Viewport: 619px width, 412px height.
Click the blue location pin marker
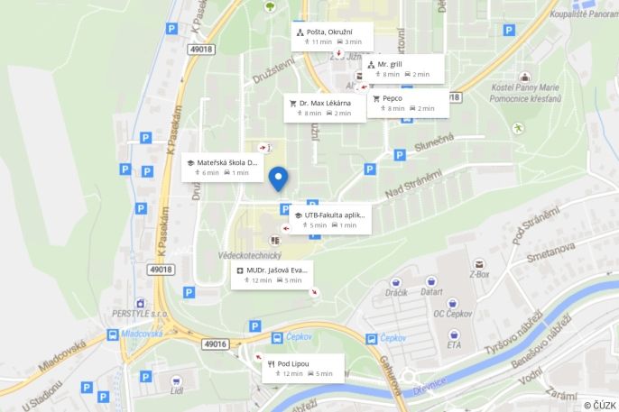pos(280,179)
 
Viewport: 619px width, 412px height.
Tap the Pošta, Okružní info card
pos(330,36)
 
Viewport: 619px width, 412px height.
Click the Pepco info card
pos(408,103)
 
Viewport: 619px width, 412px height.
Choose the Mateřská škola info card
pos(222,167)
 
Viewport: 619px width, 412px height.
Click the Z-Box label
pos(478,274)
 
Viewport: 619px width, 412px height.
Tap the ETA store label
pos(454,344)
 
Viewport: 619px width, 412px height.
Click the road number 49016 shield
pos(216,343)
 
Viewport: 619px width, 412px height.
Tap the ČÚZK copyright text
pos(599,404)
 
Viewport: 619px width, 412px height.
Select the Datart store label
pos(430,292)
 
